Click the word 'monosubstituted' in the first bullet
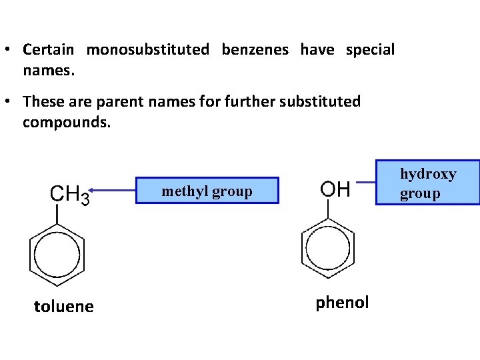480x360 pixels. (x=147, y=49)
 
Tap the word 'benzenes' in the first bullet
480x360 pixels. (x=255, y=49)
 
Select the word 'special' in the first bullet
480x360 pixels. (x=370, y=49)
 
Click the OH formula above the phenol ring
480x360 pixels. (x=335, y=189)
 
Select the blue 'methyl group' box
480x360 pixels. (x=207, y=191)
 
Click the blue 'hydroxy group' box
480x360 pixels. (x=427, y=183)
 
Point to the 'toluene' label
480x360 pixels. (x=64, y=307)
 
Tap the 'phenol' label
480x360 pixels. (x=342, y=303)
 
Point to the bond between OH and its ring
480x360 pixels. (x=328, y=209)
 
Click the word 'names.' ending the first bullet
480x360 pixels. (x=48, y=69)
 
